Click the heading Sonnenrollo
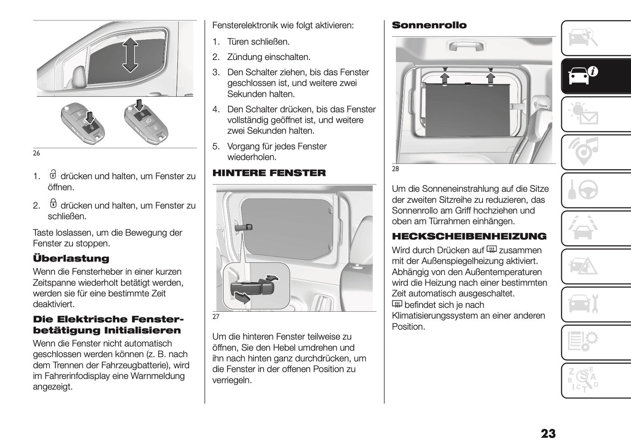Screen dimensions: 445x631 click(x=429, y=25)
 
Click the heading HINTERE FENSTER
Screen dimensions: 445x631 click(x=269, y=173)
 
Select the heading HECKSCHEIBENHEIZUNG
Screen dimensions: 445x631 click(x=469, y=236)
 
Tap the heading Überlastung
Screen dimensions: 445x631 click(x=71, y=258)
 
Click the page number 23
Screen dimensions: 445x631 click(x=548, y=434)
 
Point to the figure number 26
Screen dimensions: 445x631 click(x=36, y=153)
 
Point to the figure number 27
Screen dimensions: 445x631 click(x=216, y=317)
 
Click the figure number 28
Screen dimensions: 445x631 click(x=395, y=169)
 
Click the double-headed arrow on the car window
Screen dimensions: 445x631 click(x=130, y=55)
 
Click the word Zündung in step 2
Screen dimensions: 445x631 click(x=243, y=57)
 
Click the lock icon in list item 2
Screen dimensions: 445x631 click(x=53, y=204)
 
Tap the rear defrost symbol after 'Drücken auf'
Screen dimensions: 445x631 click(x=492, y=250)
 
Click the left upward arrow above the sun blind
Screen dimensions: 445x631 click(x=445, y=77)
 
